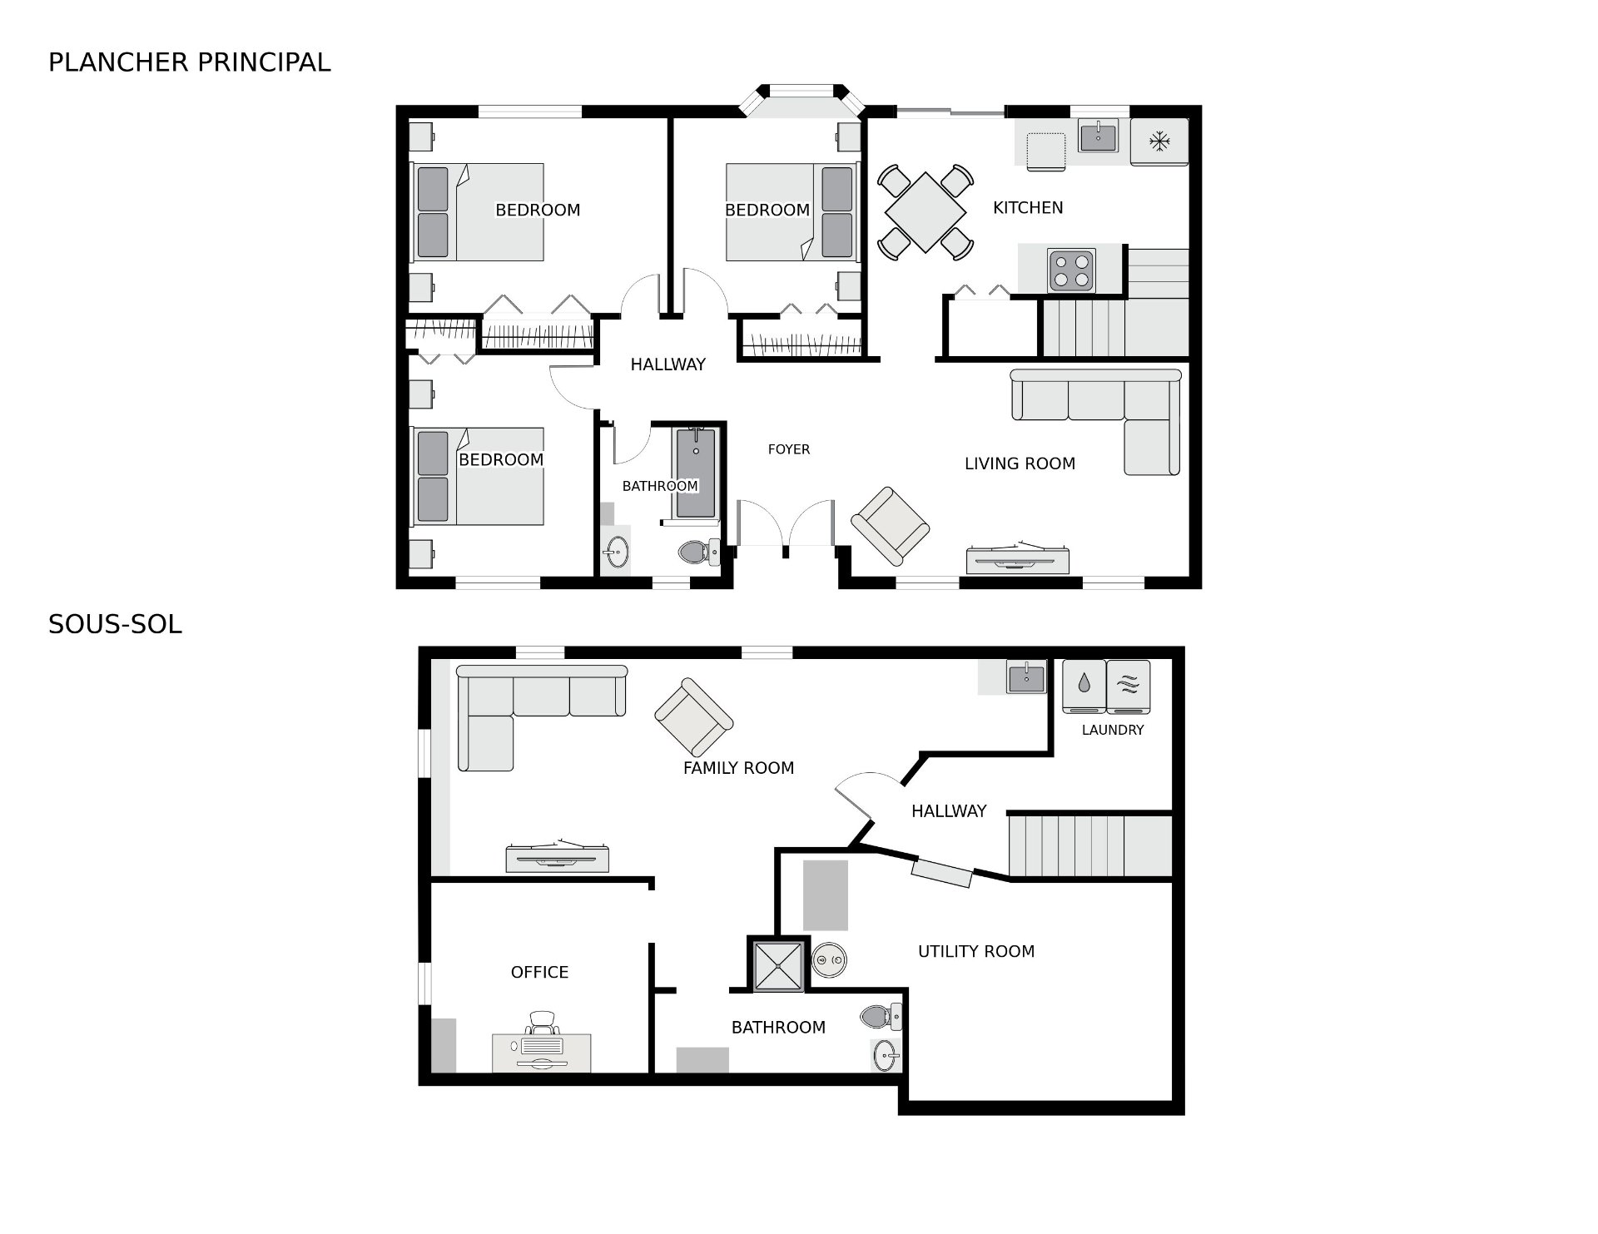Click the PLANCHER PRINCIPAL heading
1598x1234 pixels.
190,62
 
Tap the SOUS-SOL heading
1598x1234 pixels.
115,625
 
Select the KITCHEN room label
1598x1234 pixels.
1028,208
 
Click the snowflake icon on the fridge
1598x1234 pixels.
1159,141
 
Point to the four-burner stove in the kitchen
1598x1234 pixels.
1071,270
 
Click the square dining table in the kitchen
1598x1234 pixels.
926,211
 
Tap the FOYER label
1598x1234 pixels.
789,449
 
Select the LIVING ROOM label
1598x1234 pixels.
1020,464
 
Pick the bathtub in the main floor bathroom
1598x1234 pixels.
696,473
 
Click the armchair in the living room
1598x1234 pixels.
890,527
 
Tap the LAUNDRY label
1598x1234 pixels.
1113,731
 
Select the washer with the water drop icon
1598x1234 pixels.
1084,686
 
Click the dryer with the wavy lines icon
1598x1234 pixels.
1129,686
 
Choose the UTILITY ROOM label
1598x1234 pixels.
976,952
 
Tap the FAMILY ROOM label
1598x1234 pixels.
738,769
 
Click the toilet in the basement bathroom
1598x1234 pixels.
881,1017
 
